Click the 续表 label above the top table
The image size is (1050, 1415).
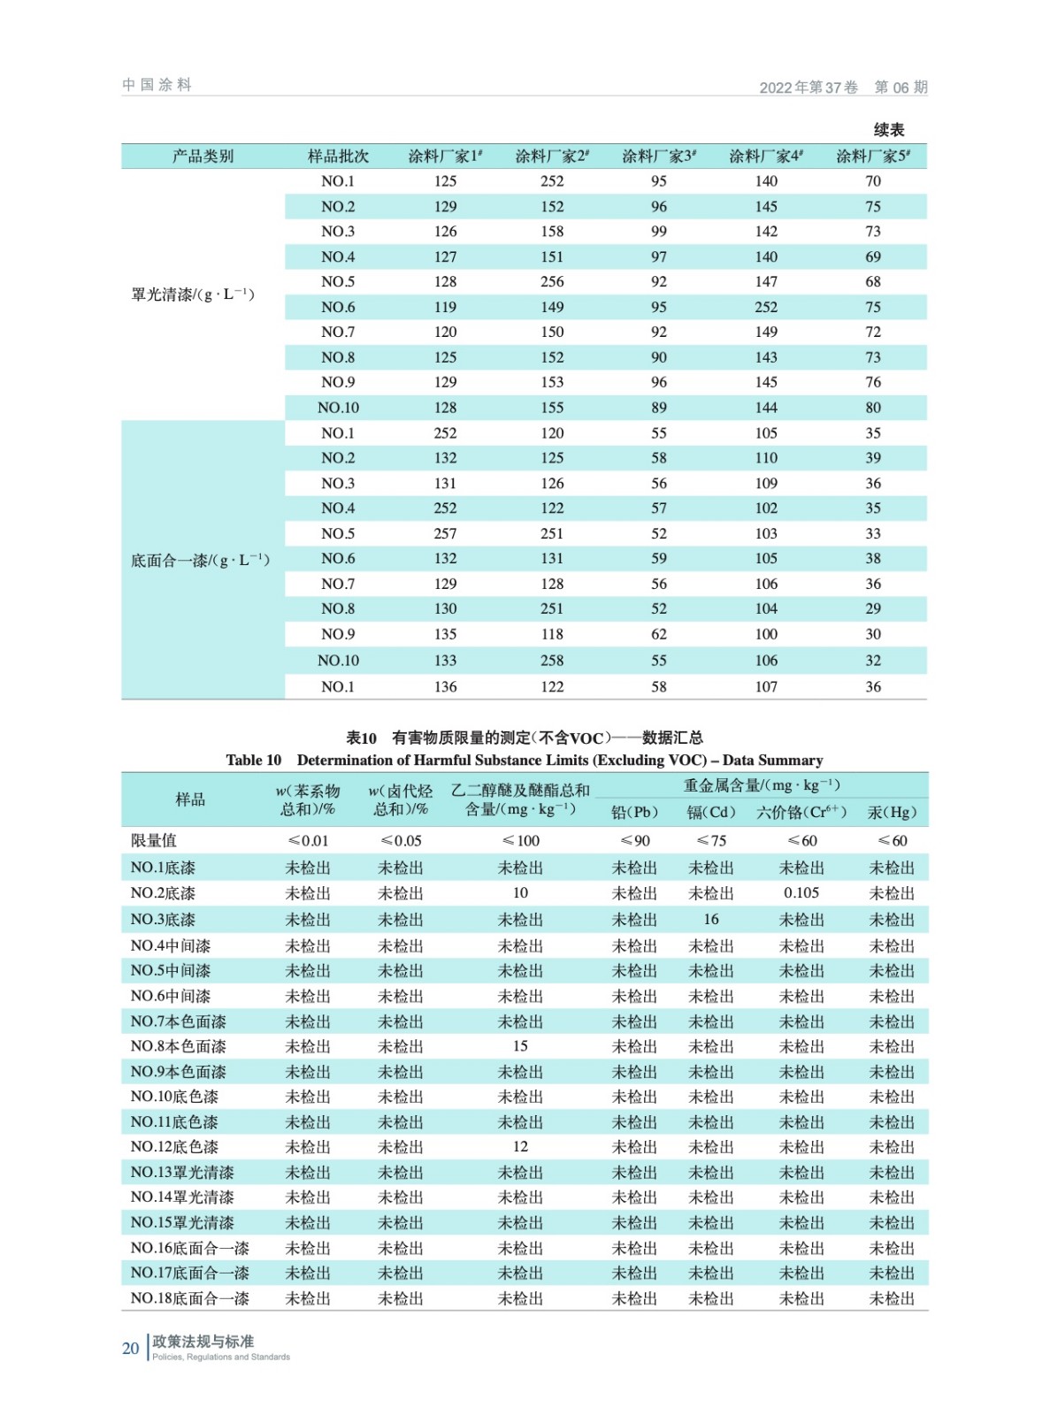(888, 130)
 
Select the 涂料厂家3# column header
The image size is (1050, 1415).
(658, 157)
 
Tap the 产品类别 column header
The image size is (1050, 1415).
(203, 157)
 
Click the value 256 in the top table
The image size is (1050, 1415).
(552, 281)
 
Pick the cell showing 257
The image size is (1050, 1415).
(445, 533)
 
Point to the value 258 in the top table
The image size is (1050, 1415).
(552, 660)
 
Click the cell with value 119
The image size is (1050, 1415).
(445, 307)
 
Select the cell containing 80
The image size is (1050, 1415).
(873, 408)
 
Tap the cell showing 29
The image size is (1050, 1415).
(873, 608)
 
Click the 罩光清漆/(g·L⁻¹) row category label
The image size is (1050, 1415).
(193, 294)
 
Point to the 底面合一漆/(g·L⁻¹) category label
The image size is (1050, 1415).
(200, 560)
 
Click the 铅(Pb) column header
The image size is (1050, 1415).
(634, 812)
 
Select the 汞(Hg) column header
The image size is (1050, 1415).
(892, 812)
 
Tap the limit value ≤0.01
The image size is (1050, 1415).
(308, 840)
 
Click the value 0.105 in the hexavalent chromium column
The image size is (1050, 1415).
(801, 893)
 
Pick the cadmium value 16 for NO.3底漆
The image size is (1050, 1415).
(711, 919)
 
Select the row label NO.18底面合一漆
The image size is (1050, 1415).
(189, 1298)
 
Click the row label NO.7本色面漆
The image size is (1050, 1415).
(178, 1021)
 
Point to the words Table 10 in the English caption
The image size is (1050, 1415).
(253, 760)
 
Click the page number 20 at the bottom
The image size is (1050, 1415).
(130, 1348)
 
